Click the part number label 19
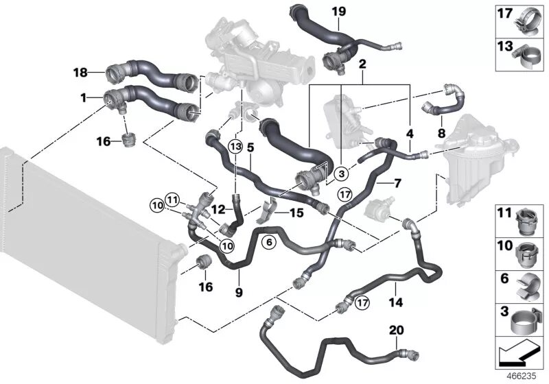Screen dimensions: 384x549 tap(338, 12)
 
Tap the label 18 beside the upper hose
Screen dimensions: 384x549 tap(80, 72)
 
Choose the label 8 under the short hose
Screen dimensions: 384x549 tap(441, 132)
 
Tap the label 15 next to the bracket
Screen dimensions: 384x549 tap(296, 213)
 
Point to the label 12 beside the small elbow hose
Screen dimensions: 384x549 tap(218, 208)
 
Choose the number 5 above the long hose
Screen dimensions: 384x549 tap(250, 146)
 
